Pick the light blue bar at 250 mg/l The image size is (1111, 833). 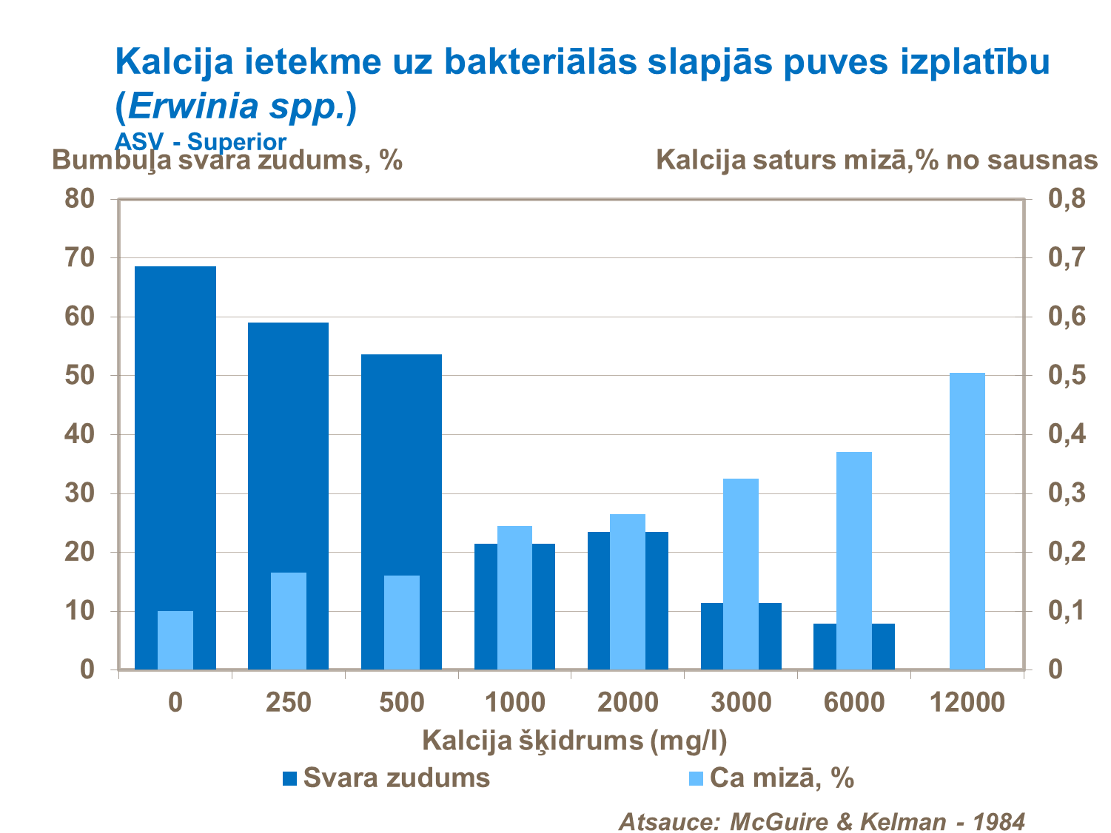coord(288,621)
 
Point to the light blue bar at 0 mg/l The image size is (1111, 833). coord(175,641)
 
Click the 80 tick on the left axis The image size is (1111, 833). coord(80,198)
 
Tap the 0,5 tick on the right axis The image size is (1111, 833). coord(1067,375)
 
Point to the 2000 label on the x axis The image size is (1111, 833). coord(628,702)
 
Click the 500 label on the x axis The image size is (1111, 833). coord(401,702)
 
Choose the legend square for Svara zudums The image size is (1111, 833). coord(289,778)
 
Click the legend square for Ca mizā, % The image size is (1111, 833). coord(696,778)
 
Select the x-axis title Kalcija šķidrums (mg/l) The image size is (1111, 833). coord(574,741)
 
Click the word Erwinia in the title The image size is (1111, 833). coord(193,107)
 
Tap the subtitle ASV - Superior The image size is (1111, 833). coord(201,141)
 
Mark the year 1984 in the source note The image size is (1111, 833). coord(998,821)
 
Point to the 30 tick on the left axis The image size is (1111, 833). coord(80,493)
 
